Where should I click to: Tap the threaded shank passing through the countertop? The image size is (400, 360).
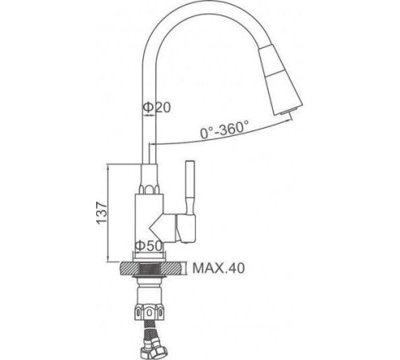point(152,270)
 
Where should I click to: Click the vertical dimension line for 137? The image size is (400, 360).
point(110,212)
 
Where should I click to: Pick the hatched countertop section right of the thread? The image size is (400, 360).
point(174,269)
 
